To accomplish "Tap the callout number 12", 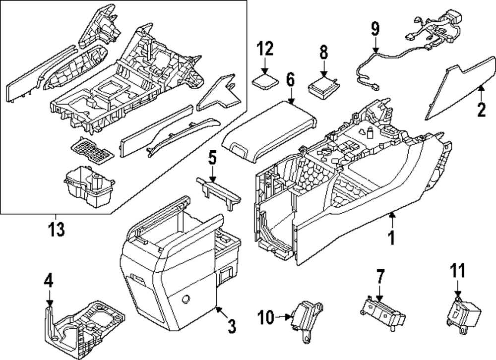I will (x=265, y=50).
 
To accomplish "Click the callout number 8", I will (x=323, y=52).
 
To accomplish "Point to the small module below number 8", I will (x=323, y=85).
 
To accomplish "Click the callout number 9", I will (x=374, y=29).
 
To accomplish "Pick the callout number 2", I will (x=480, y=109).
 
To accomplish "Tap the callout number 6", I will (x=290, y=79).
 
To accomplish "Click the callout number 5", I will (x=212, y=159).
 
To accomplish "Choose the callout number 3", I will (x=231, y=326).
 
